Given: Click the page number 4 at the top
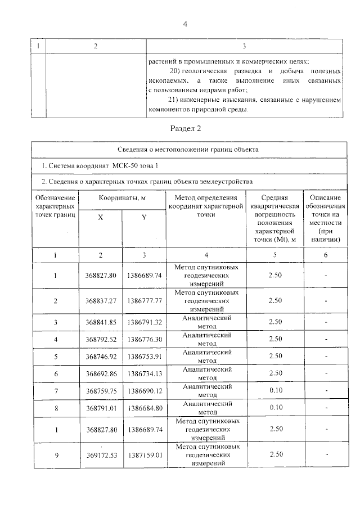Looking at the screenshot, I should pyautogui.click(x=184, y=23).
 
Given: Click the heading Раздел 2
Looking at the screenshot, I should pyautogui.click(x=185, y=129).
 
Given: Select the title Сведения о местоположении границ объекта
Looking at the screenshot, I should pyautogui.click(x=188, y=150).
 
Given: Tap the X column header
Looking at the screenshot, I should pyautogui.click(x=100, y=218).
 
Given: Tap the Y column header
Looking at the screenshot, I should pyautogui.click(x=143, y=218).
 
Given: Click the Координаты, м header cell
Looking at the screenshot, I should pyautogui.click(x=122, y=198).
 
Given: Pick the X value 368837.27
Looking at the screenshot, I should pyautogui.click(x=101, y=301).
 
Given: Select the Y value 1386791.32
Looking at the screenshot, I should pyautogui.click(x=144, y=322).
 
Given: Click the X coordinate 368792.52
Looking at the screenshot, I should pyautogui.click(x=101, y=339).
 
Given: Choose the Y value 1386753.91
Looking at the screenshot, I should pyautogui.click(x=144, y=356).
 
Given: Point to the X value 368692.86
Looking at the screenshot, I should pyautogui.click(x=101, y=373).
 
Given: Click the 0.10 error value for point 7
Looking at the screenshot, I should pyautogui.click(x=275, y=390).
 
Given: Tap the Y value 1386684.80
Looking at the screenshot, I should pyautogui.click(x=144, y=407).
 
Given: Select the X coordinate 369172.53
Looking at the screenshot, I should pyautogui.click(x=101, y=455).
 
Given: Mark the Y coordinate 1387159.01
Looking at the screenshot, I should pyautogui.click(x=144, y=455).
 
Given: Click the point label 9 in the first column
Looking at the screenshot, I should pyautogui.click(x=55, y=455).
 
